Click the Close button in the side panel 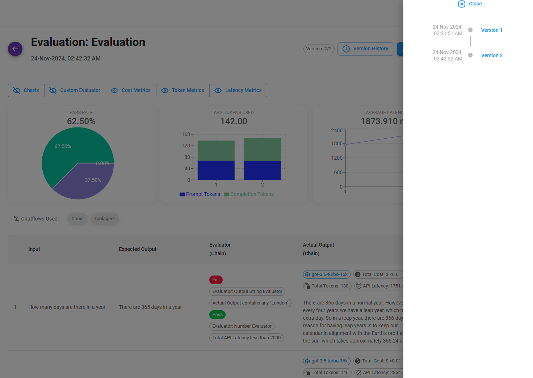[x=470, y=4]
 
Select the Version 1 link [x=491, y=30]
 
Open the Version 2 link [x=491, y=55]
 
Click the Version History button [x=365, y=49]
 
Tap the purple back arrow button [x=15, y=49]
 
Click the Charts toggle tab [x=26, y=91]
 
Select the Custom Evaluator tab [x=75, y=91]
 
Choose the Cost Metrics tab [x=131, y=91]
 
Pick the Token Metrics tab [x=182, y=91]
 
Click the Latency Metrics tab [x=238, y=91]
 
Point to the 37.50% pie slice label [x=93, y=180]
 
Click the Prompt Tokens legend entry [x=200, y=194]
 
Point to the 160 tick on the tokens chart [x=186, y=134]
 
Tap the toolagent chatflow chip [x=105, y=219]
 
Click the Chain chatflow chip [x=77, y=219]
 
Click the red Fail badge [x=216, y=280]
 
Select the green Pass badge [x=217, y=315]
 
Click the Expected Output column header [x=138, y=249]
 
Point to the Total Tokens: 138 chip [x=327, y=286]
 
